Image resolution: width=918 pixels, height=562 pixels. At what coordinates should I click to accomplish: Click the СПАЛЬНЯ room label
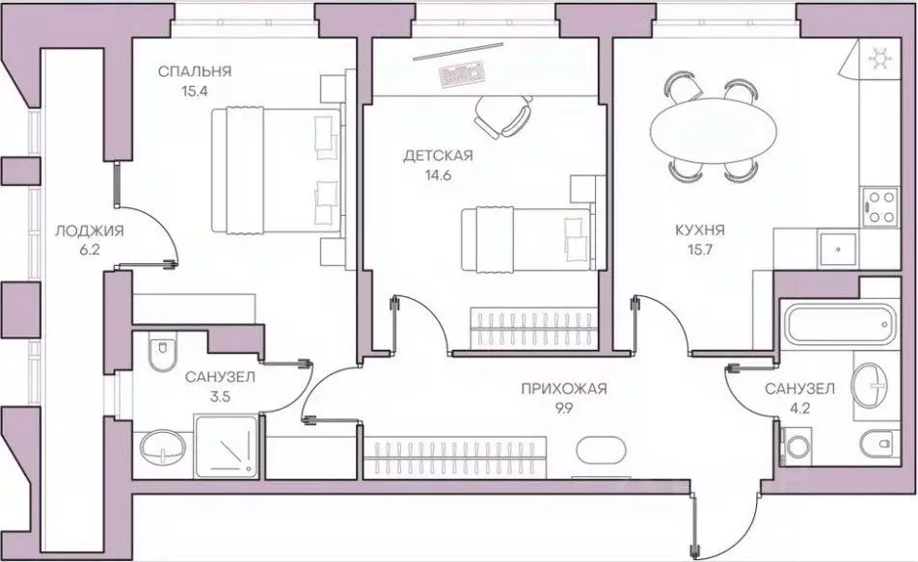pos(195,71)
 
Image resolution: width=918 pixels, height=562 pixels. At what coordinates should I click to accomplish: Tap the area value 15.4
pos(195,92)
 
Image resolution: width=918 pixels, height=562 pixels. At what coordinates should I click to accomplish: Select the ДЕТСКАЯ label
pos(438,156)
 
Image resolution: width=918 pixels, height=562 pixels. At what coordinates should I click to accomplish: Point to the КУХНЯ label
pos(700,230)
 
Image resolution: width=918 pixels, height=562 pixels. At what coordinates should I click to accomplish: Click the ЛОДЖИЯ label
pos(90,230)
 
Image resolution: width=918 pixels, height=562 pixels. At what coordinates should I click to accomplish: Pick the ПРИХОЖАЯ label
pos(564,388)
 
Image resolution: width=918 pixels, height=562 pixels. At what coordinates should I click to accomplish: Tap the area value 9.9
pos(564,409)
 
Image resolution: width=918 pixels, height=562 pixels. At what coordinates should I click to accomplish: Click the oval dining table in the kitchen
pos(714,131)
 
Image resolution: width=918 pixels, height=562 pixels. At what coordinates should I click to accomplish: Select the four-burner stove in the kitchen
pos(879,206)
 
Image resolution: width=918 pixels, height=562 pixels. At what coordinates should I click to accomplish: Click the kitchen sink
pos(837,249)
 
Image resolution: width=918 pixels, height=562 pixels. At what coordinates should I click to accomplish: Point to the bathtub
pos(841,323)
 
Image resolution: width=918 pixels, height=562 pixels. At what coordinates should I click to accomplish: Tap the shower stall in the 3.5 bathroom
pos(226,445)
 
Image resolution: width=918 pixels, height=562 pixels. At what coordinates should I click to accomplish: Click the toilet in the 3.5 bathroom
pos(162,350)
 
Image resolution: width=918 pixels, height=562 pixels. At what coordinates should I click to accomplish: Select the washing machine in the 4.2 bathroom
pos(796,446)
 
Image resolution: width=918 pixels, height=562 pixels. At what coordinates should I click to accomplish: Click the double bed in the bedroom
pos(275,171)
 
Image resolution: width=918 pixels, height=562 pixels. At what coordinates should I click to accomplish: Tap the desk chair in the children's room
pos(504,116)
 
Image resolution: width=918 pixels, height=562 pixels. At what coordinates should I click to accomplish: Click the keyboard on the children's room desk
pos(463,74)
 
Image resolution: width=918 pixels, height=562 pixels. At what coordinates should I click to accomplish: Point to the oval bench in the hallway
pos(601,449)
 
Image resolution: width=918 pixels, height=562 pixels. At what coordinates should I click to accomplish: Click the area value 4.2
pos(800,408)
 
